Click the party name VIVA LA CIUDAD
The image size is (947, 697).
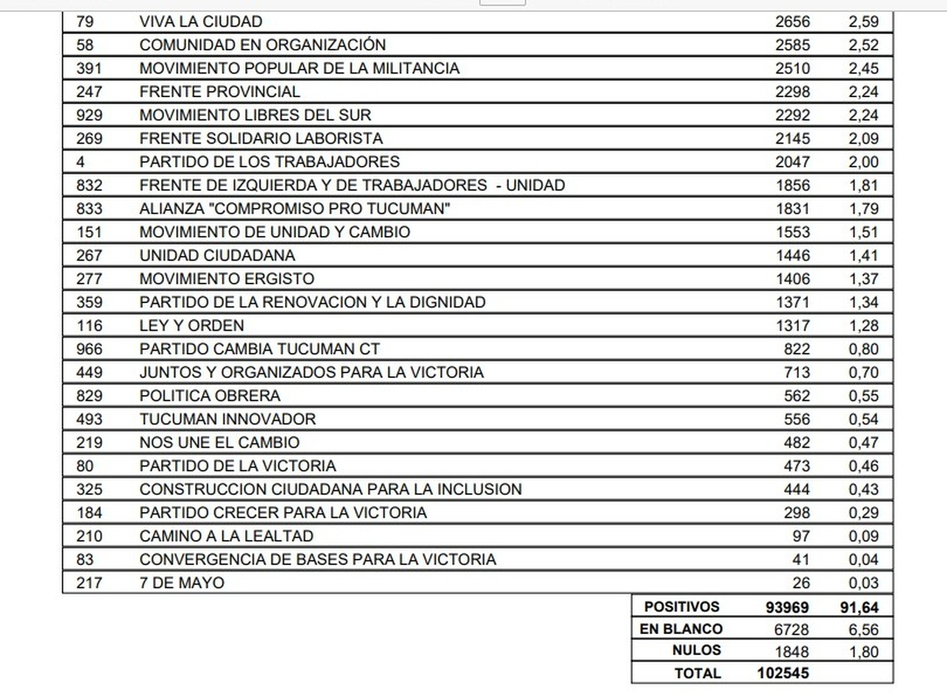[x=200, y=21]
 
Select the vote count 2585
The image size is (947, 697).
[x=792, y=45]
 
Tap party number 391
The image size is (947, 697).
[x=89, y=69]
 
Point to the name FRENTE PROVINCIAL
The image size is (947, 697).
[x=219, y=92]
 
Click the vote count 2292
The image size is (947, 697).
[x=792, y=115]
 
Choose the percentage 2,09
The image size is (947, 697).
[x=863, y=139]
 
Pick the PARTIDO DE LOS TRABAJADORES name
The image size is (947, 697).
[x=269, y=162]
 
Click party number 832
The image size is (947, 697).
[x=89, y=185]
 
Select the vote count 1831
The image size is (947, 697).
[x=792, y=209]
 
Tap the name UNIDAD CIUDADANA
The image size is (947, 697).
[x=217, y=256]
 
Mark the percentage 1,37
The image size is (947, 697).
[x=863, y=279]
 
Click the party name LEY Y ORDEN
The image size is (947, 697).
[x=192, y=326]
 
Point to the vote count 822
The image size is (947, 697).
[x=796, y=349]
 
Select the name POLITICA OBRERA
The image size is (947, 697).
[x=210, y=396]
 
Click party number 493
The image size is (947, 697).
[x=89, y=419]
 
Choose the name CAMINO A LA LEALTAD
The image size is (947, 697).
[x=226, y=536]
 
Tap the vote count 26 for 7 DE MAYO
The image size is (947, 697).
[x=800, y=583]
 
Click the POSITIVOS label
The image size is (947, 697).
[x=682, y=607]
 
